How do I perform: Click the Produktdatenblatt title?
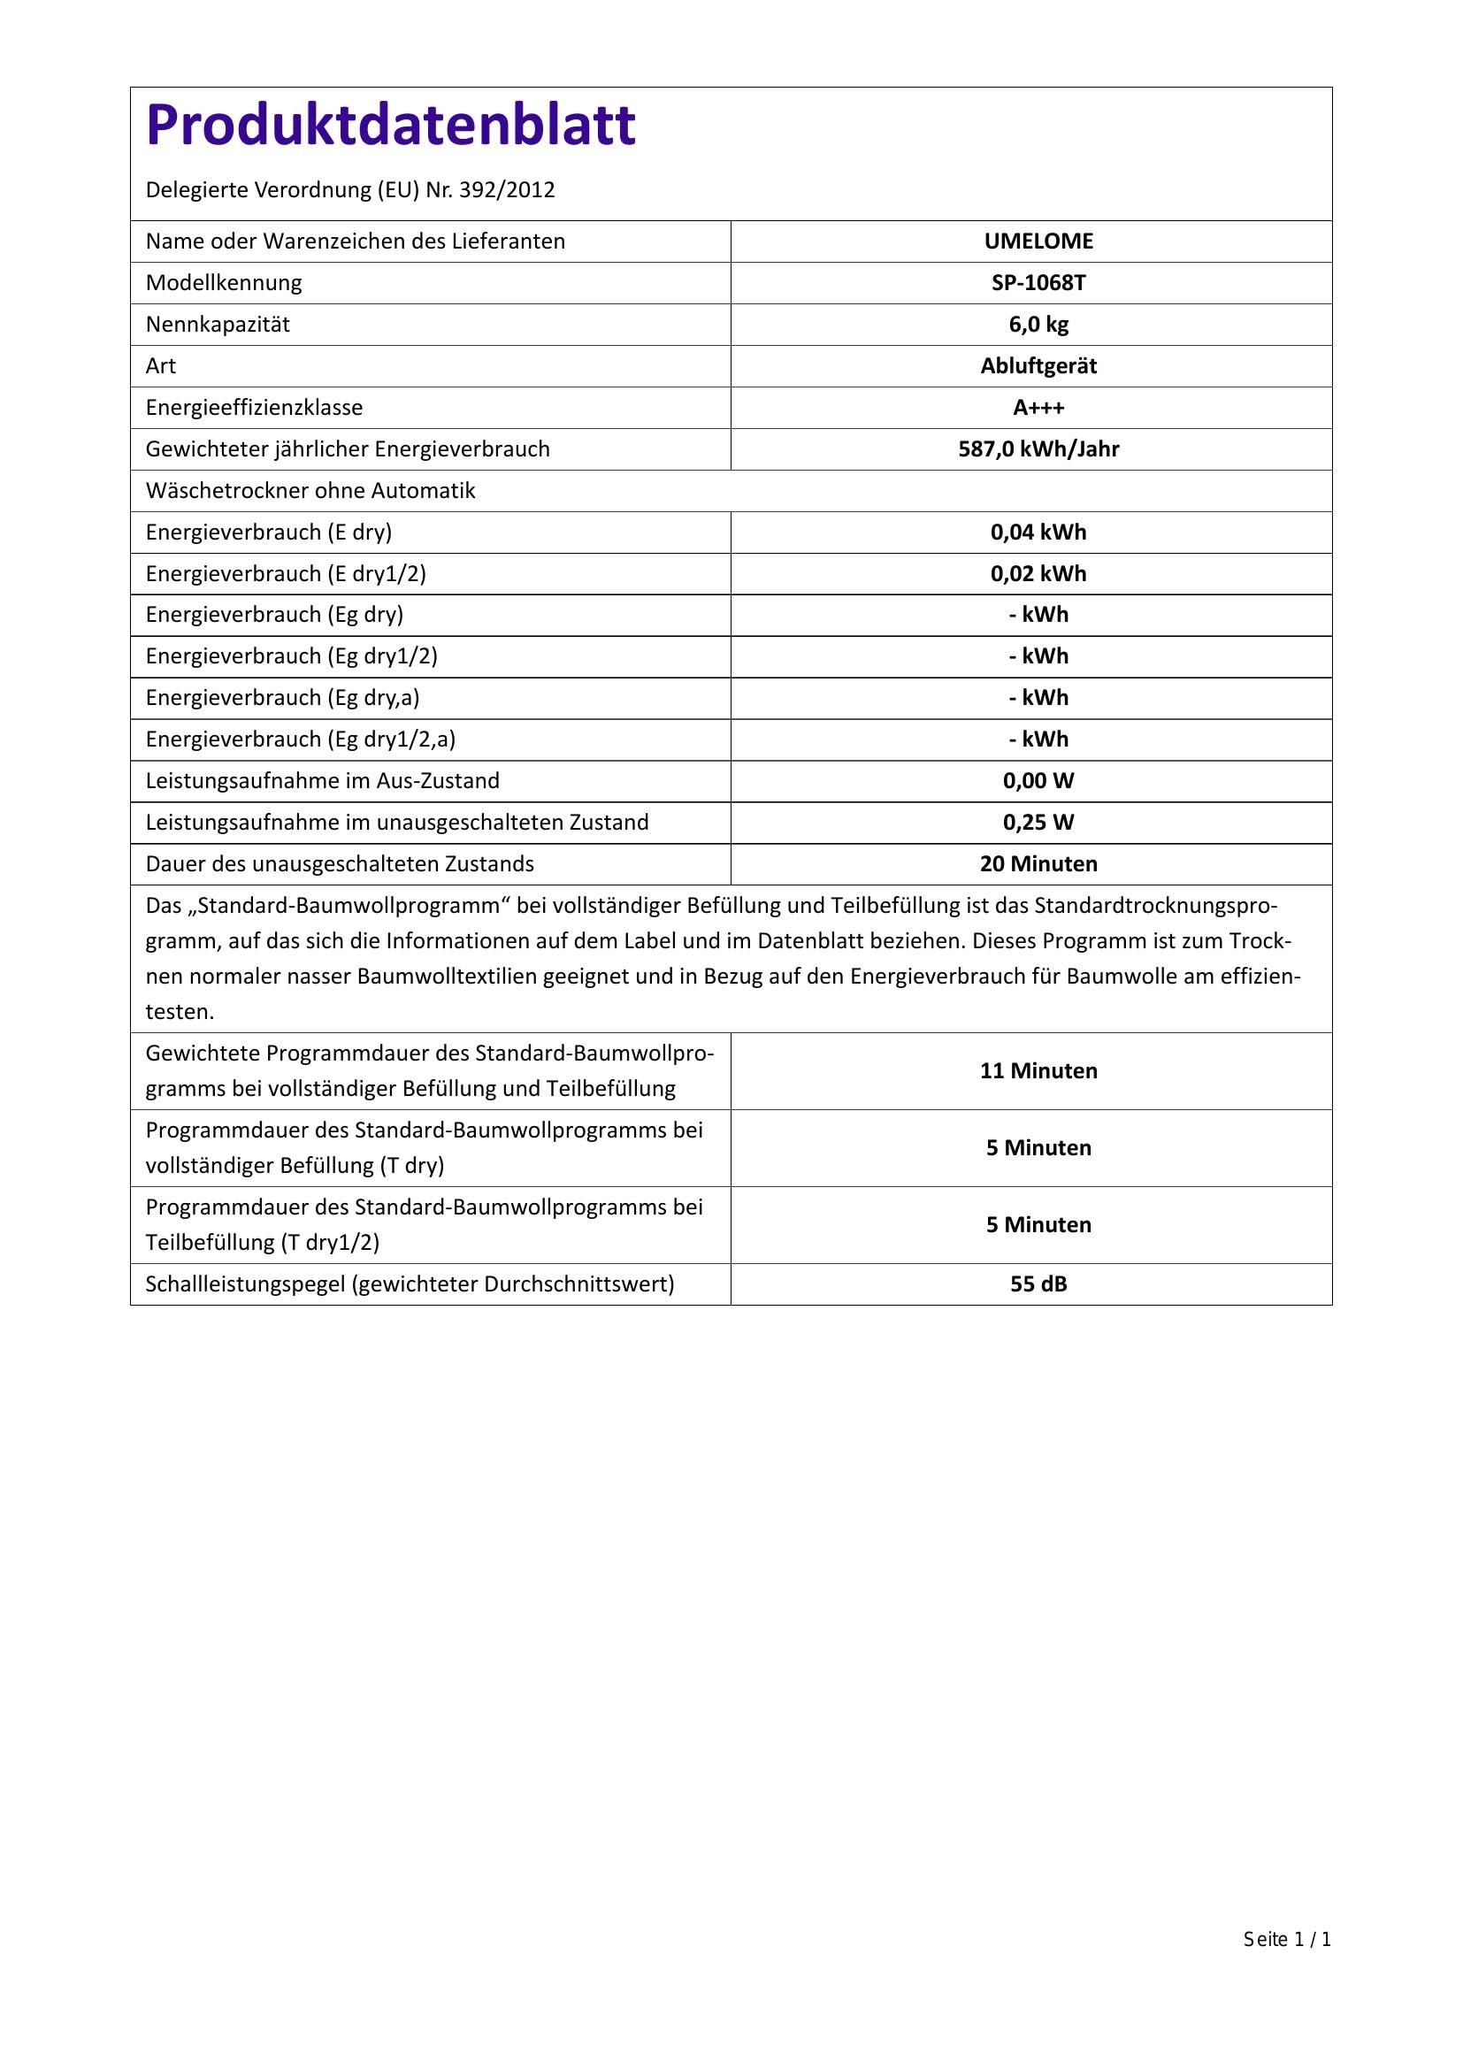click(390, 125)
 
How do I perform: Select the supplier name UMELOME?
click(1038, 241)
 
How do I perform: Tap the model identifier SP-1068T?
click(1038, 283)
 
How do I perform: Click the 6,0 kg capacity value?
click(1038, 325)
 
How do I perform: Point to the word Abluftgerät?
click(1038, 366)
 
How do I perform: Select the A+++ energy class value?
click(1038, 407)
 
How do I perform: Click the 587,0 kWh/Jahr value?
click(1038, 448)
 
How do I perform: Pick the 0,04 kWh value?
click(1038, 532)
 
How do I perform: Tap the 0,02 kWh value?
click(1038, 573)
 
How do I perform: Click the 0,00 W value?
click(1038, 780)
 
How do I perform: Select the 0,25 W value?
click(1038, 822)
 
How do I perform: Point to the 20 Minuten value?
click(1038, 863)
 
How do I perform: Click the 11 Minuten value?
click(1038, 1070)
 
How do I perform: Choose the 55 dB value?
click(1038, 1284)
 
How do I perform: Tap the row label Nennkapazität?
click(217, 325)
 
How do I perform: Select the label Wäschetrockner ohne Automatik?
click(310, 490)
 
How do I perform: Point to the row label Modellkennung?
click(224, 283)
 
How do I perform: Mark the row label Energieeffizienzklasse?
click(254, 407)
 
